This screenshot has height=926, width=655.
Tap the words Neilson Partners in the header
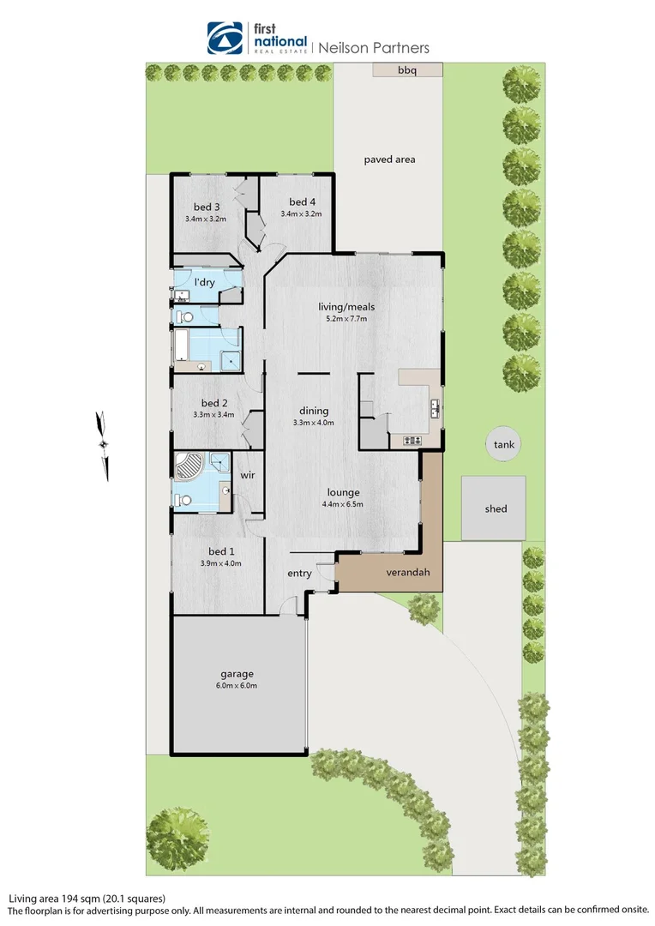coord(374,48)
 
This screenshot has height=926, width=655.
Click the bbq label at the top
coord(406,70)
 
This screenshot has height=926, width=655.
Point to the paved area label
coord(389,159)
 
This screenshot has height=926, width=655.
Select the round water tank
coord(504,444)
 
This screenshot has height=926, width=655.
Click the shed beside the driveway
coord(496,508)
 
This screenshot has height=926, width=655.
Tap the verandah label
coord(408,573)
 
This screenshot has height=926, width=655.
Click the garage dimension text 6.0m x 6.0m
coord(236,686)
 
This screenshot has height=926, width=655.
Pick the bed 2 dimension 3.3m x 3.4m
coord(213,415)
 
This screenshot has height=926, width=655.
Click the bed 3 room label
coord(207,207)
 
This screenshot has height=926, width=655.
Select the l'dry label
coord(204,282)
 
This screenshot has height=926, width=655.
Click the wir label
coord(247,475)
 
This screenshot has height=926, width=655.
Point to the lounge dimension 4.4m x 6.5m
coord(342,504)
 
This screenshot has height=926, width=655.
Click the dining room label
coord(314,411)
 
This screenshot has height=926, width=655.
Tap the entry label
coord(299,574)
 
